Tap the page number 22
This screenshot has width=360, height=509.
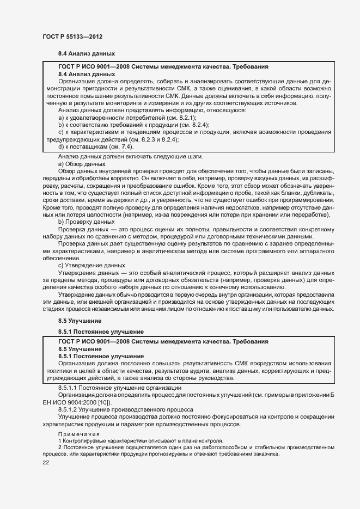point(46,462)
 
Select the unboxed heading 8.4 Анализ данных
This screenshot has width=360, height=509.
point(87,54)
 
